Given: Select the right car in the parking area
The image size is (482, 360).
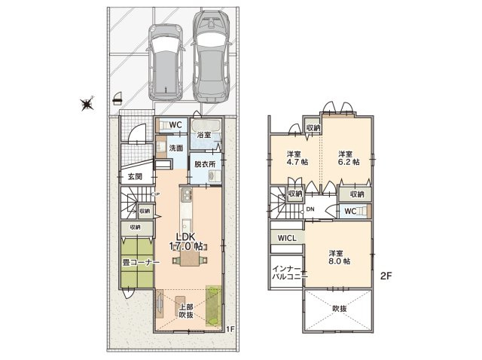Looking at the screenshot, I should pyautogui.click(x=212, y=56).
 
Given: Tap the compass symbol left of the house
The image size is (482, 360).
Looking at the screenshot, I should pyautogui.click(x=87, y=105).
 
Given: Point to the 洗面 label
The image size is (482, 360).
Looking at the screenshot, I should pyautogui.click(x=175, y=148).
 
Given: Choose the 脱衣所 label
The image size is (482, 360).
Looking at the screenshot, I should pyautogui.click(x=203, y=163).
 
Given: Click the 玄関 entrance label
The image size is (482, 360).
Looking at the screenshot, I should pyautogui.click(x=135, y=177).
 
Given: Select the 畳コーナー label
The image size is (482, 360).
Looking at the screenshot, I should pyautogui.click(x=136, y=263).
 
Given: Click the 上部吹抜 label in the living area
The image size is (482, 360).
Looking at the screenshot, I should pyautogui.click(x=185, y=310).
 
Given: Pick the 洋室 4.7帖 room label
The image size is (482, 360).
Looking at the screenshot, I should pyautogui.click(x=294, y=157).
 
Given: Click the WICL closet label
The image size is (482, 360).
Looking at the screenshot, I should pyautogui.click(x=286, y=239).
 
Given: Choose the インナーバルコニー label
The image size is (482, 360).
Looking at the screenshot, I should pyautogui.click(x=287, y=272).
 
